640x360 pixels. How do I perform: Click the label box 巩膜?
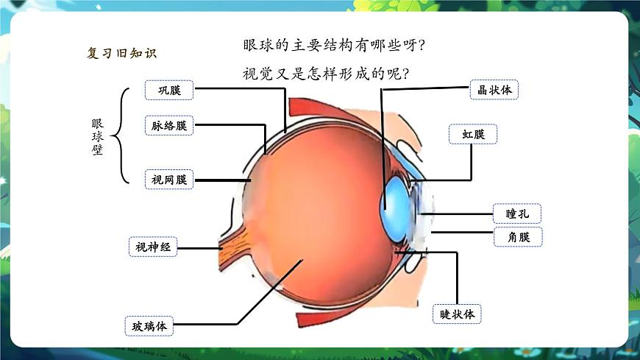(x=169, y=90)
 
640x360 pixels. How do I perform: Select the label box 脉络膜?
(x=169, y=125)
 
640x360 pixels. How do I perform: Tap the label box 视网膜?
(x=169, y=179)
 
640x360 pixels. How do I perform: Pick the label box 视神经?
(x=153, y=247)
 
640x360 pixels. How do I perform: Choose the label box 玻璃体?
(x=149, y=325)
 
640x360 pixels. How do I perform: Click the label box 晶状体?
(x=494, y=90)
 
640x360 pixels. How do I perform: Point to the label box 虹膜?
(x=473, y=134)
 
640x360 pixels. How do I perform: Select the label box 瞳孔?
(x=517, y=213)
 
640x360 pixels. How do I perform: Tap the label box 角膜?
(x=517, y=236)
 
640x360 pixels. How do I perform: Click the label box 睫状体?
(x=457, y=314)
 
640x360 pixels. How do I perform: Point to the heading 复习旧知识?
(x=121, y=53)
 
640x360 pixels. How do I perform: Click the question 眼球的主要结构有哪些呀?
(x=334, y=46)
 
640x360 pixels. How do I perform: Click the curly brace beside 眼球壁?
(x=122, y=135)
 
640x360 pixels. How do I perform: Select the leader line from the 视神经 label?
(x=200, y=248)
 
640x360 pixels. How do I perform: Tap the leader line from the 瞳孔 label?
(x=456, y=213)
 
